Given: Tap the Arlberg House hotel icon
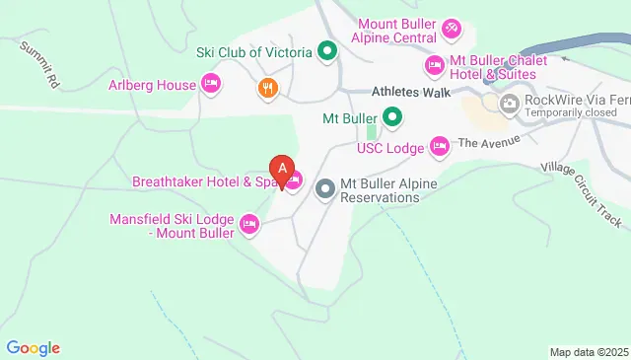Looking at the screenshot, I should click(209, 85).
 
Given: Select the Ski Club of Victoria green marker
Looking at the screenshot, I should click(327, 51).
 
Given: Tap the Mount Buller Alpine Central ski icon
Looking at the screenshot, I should click(451, 27).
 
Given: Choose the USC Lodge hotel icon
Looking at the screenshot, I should click(440, 149).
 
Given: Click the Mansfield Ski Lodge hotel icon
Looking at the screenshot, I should click(249, 226).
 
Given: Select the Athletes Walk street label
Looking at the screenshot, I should click(411, 92).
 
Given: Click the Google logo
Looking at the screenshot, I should click(33, 347).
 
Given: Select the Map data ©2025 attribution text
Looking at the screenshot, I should click(589, 352).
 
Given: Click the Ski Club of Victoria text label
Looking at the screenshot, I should click(254, 51).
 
